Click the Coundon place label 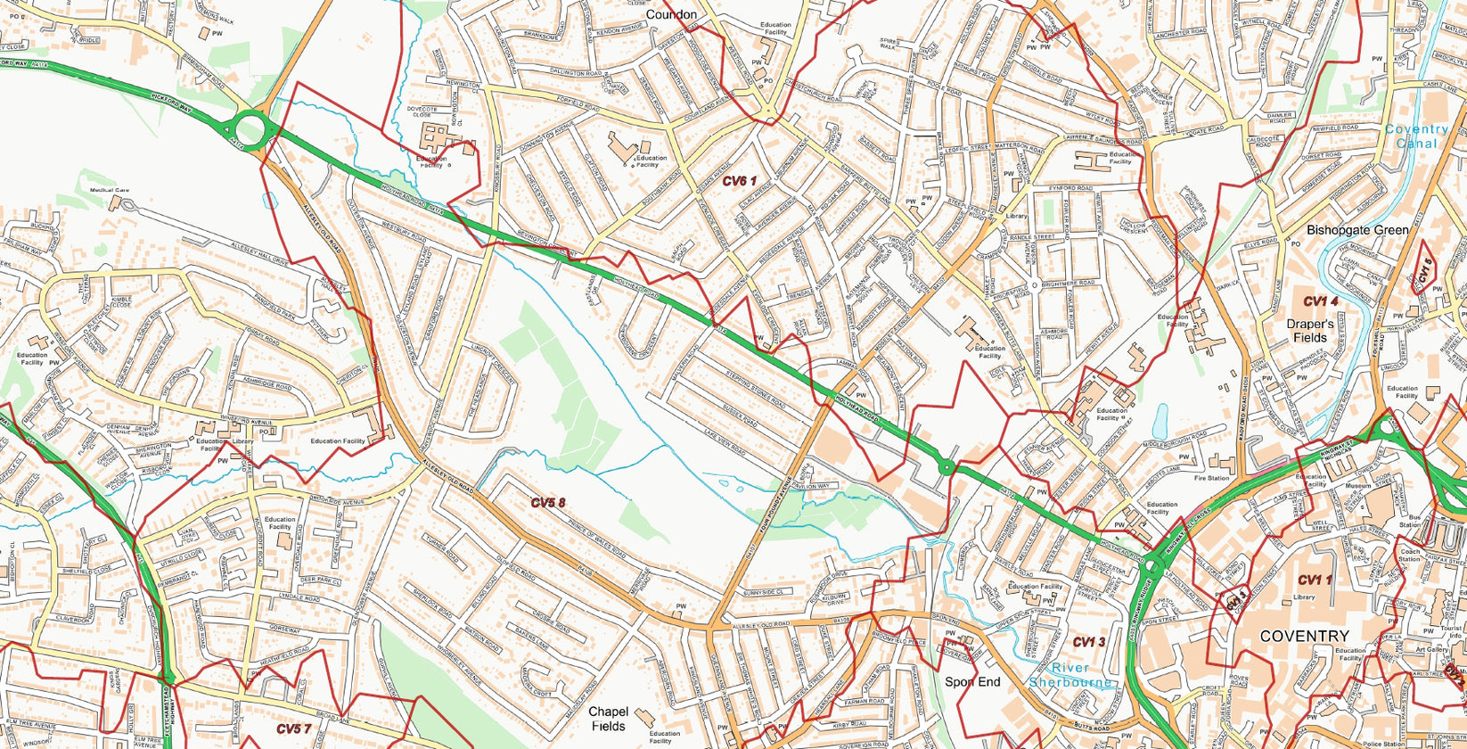[x=671, y=14]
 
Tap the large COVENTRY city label [x=1304, y=636]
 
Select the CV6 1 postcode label [x=739, y=181]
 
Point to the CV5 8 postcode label [x=548, y=503]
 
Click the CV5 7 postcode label [x=293, y=729]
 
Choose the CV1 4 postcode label [x=1320, y=301]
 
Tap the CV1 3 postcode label [x=1088, y=642]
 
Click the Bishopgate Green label [x=1357, y=230]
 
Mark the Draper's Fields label [x=1309, y=331]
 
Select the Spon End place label [x=971, y=682]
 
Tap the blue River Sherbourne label [x=1070, y=675]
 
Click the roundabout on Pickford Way [x=250, y=129]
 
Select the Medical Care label [x=109, y=190]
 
